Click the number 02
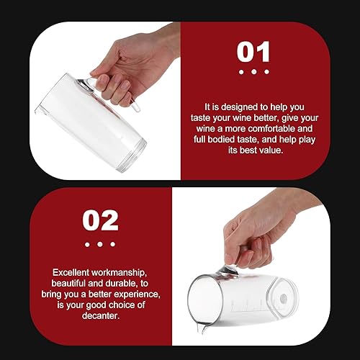pos(100,220)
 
